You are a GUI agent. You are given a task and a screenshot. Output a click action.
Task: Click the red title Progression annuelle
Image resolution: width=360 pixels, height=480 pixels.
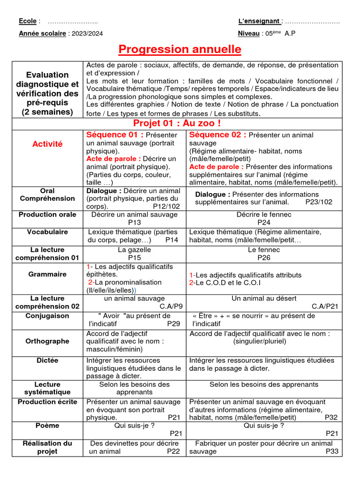180,49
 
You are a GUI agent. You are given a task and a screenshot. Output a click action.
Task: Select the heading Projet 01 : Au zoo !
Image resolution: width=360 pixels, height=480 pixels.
177,123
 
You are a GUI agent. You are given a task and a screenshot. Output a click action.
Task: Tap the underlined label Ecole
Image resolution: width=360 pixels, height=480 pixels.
27,21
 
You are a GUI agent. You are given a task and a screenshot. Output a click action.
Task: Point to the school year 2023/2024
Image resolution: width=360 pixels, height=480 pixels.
88,33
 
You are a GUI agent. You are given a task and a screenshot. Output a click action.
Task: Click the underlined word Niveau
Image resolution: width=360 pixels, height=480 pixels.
248,33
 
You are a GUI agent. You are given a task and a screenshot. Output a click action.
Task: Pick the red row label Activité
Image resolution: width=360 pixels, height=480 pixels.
47,144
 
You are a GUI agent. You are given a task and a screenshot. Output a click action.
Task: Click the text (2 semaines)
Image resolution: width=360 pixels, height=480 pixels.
47,112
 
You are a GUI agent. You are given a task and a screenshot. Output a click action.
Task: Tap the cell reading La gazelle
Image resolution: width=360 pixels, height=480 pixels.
135,250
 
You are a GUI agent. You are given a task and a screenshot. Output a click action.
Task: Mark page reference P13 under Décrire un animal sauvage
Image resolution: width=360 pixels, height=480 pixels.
135,223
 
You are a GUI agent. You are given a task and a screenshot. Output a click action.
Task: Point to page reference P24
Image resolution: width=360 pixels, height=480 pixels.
264,223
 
